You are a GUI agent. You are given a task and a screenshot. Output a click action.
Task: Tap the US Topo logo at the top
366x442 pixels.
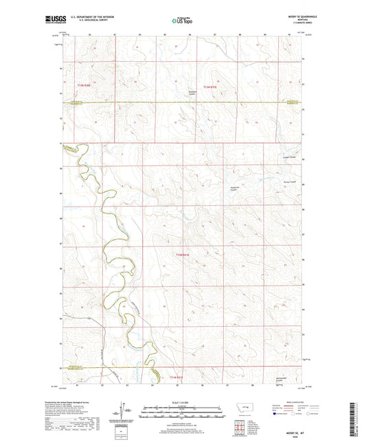[x=183, y=21]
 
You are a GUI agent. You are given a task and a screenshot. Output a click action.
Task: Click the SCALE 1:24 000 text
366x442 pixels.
[x=183, y=402]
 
